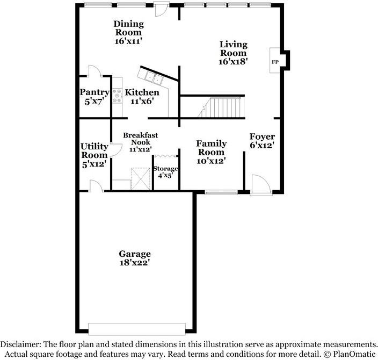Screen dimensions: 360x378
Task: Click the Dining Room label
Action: click(x=128, y=27)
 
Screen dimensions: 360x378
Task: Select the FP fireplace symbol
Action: click(x=275, y=62)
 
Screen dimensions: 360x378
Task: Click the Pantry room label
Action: click(x=95, y=92)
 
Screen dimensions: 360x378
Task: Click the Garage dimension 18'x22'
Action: click(x=135, y=263)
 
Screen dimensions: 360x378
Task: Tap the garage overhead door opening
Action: click(x=137, y=328)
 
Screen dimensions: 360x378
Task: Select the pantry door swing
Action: click(x=93, y=71)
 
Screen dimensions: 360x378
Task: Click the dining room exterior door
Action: click(x=161, y=10)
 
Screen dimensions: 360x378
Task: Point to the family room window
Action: click(x=220, y=192)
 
